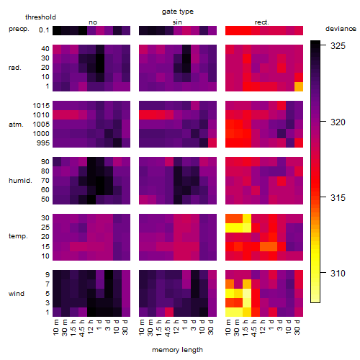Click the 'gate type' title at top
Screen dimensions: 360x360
pyautogui.click(x=178, y=12)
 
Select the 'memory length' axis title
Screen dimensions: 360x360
pyautogui.click(x=177, y=350)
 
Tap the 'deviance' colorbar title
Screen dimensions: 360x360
pyautogui.click(x=341, y=29)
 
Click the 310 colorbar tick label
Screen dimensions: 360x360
pyautogui.click(x=338, y=273)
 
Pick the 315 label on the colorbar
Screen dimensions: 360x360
pyautogui.click(x=338, y=198)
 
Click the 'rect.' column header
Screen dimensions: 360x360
pyautogui.click(x=262, y=22)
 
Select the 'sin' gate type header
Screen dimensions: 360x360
pyautogui.click(x=177, y=22)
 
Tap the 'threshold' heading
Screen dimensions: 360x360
pyautogui.click(x=40, y=17)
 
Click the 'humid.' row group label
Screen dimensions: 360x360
pyautogui.click(x=20, y=181)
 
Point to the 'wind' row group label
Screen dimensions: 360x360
pyautogui.click(x=17, y=294)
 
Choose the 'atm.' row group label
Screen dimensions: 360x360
pyautogui.click(x=16, y=125)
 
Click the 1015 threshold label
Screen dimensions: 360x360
pyautogui.click(x=41, y=106)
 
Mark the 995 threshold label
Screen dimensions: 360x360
pyautogui.click(x=43, y=143)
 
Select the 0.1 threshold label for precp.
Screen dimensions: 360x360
pyautogui.click(x=44, y=30)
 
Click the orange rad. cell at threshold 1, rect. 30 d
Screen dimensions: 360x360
pyautogui.click(x=299, y=86)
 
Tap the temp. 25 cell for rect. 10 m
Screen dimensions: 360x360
pyautogui.click(x=230, y=228)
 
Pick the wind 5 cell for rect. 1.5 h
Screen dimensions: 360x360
pyautogui.click(x=247, y=293)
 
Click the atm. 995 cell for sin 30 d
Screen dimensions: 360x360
pyautogui.click(x=212, y=143)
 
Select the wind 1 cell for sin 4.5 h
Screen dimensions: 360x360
pyautogui.click(x=169, y=312)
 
